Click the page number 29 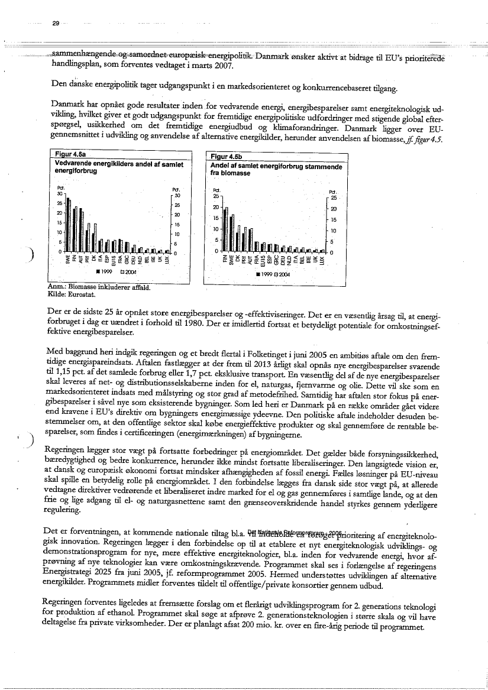coord(56,23)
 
